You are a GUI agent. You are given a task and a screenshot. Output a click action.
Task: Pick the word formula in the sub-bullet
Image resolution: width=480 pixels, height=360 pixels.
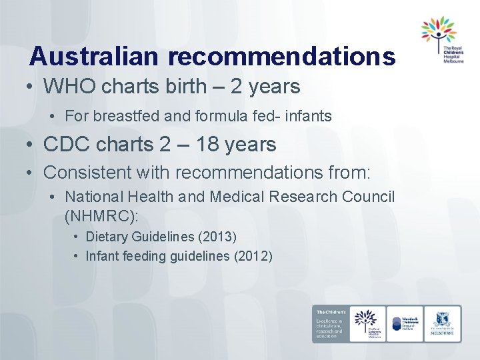pyautogui.click(x=223, y=116)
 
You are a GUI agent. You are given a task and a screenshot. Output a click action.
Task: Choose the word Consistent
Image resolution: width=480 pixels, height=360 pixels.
pyautogui.click(x=87, y=172)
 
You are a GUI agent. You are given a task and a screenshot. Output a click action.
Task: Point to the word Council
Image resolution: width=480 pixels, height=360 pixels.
pyautogui.click(x=371, y=197)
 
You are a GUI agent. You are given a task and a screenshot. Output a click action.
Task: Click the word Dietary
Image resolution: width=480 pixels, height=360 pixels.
pyautogui.click(x=108, y=237)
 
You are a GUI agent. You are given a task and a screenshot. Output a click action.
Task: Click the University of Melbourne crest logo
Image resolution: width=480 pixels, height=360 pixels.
pyautogui.click(x=443, y=323)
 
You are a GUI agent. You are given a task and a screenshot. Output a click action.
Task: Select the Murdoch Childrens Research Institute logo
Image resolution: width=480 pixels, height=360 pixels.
pyautogui.click(x=405, y=323)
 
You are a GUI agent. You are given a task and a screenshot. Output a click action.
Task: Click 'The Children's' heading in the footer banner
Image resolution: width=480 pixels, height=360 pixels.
pyautogui.click(x=330, y=312)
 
